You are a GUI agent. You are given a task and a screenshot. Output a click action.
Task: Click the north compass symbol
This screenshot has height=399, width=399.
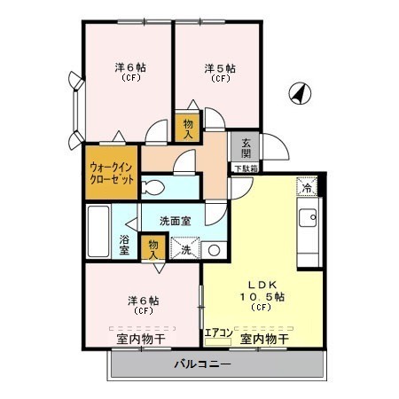coord(300,93)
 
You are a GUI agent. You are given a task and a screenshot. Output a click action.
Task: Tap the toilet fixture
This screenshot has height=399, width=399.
coord(153,188)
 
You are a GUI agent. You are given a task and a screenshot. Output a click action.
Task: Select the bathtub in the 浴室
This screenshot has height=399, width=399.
coord(98,231)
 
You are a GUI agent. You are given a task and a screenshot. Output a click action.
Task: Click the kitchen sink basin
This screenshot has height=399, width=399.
coord(308,218)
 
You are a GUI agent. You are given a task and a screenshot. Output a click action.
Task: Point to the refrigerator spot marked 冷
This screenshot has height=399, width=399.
coord(307,186)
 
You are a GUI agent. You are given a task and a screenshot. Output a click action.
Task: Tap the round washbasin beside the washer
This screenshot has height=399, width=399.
coord(214,251)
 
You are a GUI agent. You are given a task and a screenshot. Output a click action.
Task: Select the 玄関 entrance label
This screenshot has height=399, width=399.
coord(246,148)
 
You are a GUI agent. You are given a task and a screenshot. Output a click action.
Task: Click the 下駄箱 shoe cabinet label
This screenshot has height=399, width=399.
coord(246,168)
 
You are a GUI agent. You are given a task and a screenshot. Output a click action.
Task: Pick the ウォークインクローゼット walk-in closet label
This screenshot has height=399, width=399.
coord(112,173)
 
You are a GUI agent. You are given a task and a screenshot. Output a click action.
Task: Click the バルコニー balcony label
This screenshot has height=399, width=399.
coord(202,364)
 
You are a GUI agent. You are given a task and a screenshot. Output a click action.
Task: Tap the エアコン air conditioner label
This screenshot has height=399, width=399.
coord(219,332)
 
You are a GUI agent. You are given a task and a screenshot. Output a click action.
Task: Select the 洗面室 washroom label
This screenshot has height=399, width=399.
coord(175,221)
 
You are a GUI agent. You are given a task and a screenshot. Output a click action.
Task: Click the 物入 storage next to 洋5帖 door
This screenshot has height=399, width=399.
coord(188,129)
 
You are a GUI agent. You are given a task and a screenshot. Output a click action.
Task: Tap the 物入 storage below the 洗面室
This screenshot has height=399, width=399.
coord(153,250)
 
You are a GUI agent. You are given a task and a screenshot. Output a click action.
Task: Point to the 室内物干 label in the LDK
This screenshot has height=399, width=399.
coord(264,339)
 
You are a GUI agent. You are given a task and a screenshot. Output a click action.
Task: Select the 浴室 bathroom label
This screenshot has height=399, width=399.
coord(124,245)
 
